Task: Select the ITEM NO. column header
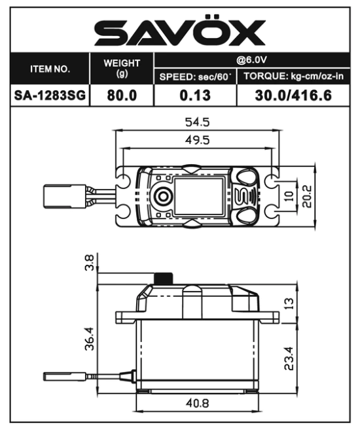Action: pos(50,69)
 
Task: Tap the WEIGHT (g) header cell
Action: pos(122,68)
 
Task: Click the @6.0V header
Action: pos(251,60)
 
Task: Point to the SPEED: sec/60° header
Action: pos(194,77)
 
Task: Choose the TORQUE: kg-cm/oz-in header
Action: pos(293,76)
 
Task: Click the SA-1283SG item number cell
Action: pos(50,95)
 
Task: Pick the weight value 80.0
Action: pos(122,95)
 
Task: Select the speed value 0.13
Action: pos(195,95)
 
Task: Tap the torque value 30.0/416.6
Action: pos(293,95)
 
